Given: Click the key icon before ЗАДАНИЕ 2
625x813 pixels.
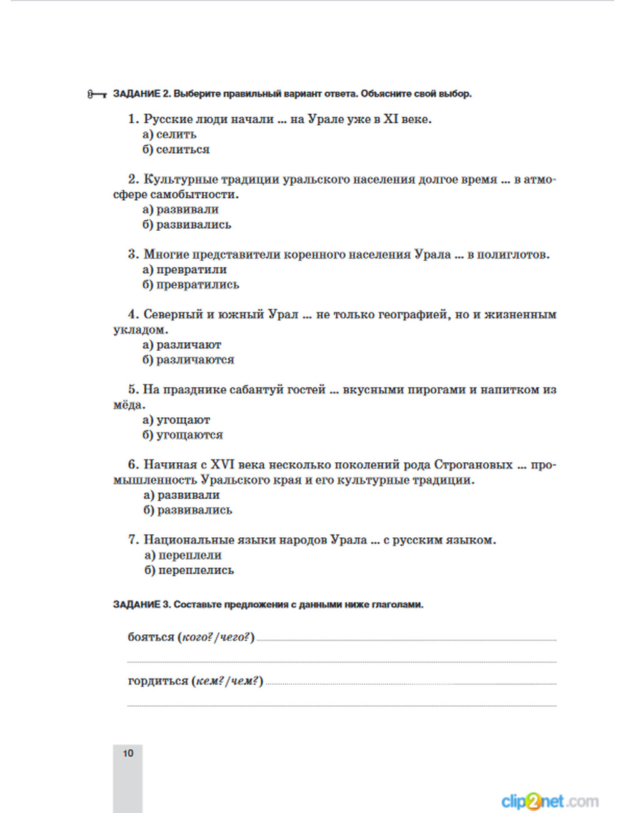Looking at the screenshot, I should pyautogui.click(x=97, y=94).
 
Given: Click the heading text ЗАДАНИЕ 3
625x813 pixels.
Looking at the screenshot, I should pyautogui.click(x=141, y=605).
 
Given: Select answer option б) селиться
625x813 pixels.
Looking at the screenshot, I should pyautogui.click(x=176, y=149).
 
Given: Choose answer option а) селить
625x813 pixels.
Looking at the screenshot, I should pyautogui.click(x=169, y=134).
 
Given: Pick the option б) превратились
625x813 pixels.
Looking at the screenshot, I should pyautogui.click(x=191, y=285).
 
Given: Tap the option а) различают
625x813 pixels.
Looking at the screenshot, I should pyautogui.click(x=182, y=345).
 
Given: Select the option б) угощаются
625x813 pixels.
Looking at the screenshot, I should pyautogui.click(x=182, y=435).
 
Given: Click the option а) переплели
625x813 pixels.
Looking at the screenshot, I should pyautogui.click(x=183, y=555).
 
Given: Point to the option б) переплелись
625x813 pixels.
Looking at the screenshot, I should pyautogui.click(x=189, y=570).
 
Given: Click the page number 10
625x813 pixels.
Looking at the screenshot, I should pyautogui.click(x=128, y=754).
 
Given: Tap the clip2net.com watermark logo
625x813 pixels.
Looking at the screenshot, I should pyautogui.click(x=549, y=801).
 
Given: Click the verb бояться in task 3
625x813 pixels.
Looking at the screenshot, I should pyautogui.click(x=151, y=637).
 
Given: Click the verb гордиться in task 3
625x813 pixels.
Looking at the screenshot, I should pyautogui.click(x=157, y=681).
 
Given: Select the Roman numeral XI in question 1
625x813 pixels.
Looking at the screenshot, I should pyautogui.click(x=391, y=119).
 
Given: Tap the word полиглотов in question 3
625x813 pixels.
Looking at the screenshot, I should pyautogui.click(x=512, y=255).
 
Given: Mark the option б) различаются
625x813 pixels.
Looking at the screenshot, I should pyautogui.click(x=188, y=360).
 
